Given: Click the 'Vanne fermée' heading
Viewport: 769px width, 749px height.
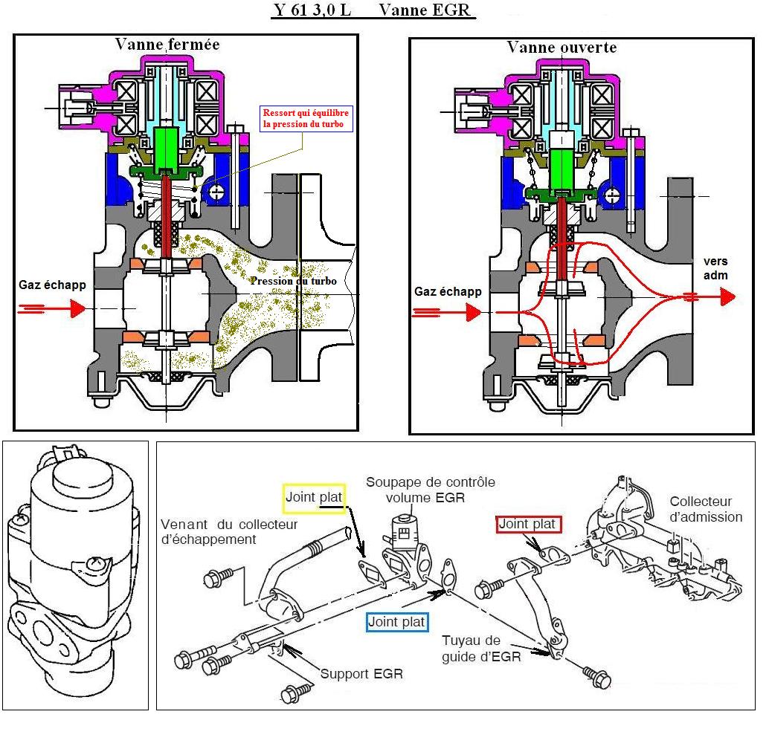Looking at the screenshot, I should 167,44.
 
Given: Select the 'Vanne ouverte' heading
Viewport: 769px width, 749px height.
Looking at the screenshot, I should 562,47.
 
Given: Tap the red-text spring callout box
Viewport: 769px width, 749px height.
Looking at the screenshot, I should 306,119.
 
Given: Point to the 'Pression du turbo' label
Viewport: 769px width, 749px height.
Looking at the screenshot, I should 293,281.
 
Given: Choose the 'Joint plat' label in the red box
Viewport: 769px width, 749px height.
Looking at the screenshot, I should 528,524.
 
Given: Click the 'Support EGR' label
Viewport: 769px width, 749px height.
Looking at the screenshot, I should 361,674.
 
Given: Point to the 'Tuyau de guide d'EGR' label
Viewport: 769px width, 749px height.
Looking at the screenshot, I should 481,648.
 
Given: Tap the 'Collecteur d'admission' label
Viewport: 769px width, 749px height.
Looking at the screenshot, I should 706,509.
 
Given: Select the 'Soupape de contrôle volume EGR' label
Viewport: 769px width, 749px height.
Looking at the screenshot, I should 419,490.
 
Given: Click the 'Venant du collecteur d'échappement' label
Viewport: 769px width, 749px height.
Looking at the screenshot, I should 229,532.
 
